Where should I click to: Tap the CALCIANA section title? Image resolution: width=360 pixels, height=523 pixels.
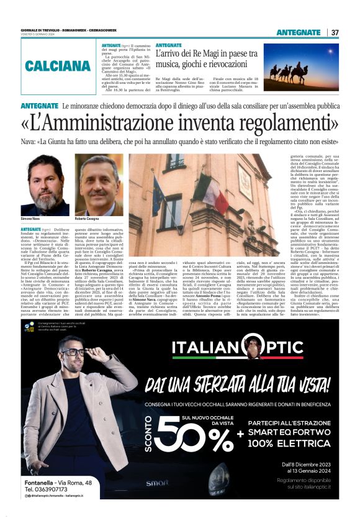pyautogui.click(x=58, y=65)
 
